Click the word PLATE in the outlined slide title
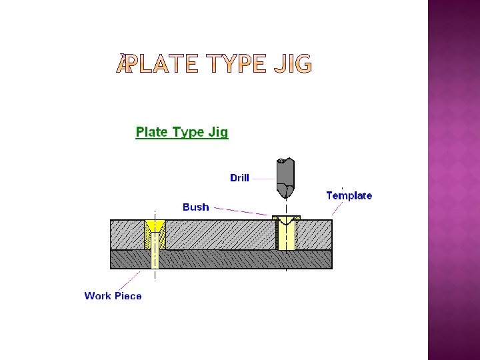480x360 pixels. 159,65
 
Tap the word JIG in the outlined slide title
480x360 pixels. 291,65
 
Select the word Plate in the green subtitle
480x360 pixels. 152,132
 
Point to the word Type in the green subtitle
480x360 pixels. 189,132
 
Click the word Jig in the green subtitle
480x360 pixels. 219,132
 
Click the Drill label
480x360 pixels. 239,178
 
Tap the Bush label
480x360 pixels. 195,207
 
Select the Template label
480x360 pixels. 349,195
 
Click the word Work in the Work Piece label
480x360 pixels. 97,295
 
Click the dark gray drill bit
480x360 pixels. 285,175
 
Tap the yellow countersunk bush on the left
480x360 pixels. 155,227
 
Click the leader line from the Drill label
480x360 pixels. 263,179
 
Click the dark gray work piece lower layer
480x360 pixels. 220,259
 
